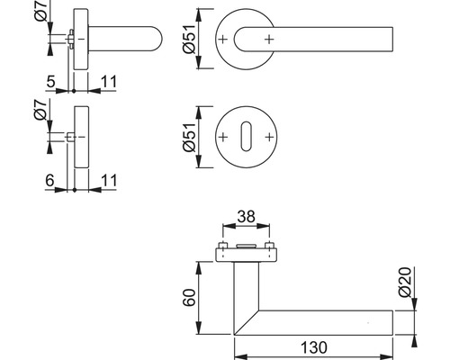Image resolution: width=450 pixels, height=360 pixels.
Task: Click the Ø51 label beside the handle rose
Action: coord(188,38)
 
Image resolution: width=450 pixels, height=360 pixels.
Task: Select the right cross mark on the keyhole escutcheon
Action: coord(268,138)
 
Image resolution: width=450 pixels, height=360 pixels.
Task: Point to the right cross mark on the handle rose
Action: coord(268,40)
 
